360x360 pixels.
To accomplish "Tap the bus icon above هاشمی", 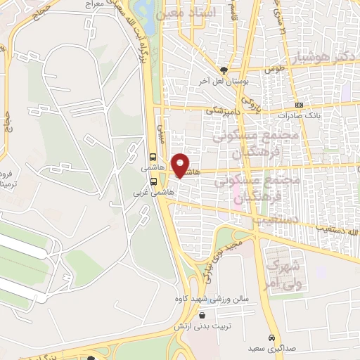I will (x=153, y=158).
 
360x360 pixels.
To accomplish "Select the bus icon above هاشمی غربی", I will (x=153, y=180).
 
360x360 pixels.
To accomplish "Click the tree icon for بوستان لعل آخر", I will (x=224, y=70).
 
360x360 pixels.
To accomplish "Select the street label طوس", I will (x=273, y=70).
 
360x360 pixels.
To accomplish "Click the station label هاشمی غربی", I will (x=153, y=191).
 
